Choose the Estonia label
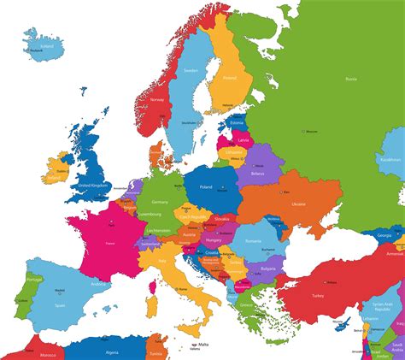coord(238,123)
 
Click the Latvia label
coord(244,139)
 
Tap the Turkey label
coord(318,294)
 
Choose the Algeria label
coord(112,351)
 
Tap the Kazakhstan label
coord(389,159)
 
